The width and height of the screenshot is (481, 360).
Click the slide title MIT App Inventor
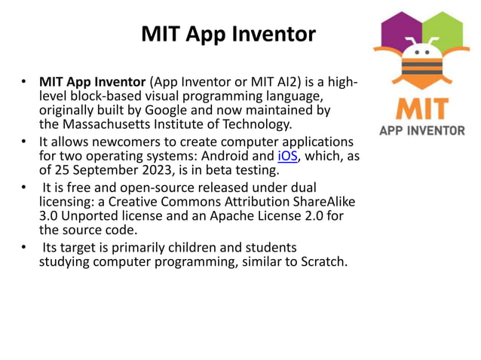(228, 34)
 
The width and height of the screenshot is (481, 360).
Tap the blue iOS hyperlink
(287, 157)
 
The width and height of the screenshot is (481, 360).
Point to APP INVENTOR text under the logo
(421, 131)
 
